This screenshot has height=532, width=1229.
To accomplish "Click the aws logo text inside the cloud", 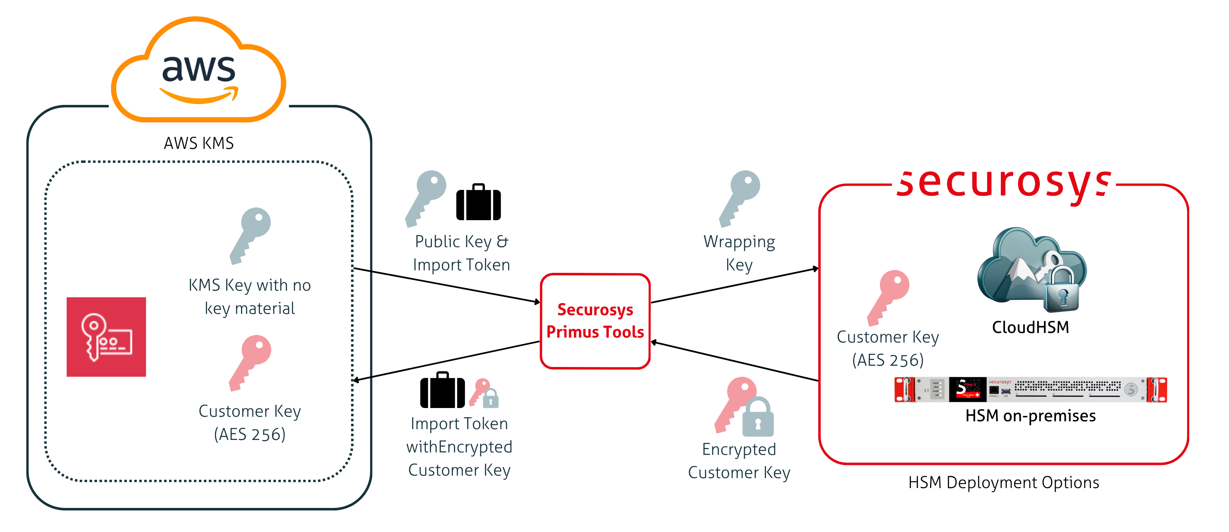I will point(198,69).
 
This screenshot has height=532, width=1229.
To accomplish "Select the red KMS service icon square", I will point(106,337).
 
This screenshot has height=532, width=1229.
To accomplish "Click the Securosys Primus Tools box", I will point(595,321).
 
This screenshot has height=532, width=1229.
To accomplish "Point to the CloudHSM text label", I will point(1030,328).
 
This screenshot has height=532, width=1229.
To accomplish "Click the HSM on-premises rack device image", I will point(1030,389).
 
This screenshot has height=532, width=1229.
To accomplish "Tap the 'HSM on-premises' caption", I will point(1030,416).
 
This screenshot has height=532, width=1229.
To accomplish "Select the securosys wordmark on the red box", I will point(1004,184).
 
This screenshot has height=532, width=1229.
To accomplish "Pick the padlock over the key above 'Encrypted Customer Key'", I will point(758,418).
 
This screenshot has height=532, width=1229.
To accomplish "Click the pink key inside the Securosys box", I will point(888,297).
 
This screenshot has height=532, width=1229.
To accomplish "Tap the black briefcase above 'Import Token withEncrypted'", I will point(442,391).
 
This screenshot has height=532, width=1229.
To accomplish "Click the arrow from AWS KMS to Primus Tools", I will point(446,286).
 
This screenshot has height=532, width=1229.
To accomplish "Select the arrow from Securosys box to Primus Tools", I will point(735,362).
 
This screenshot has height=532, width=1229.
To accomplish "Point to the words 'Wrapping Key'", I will point(739,253).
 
